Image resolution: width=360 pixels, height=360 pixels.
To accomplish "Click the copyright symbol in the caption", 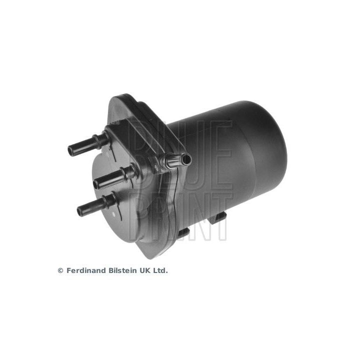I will (x=60, y=270).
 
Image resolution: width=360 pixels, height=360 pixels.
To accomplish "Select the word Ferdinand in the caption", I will (x=85, y=270).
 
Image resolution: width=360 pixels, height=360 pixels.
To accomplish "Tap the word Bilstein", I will (x=123, y=270).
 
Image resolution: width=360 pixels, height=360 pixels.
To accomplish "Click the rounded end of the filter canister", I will (x=265, y=145).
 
